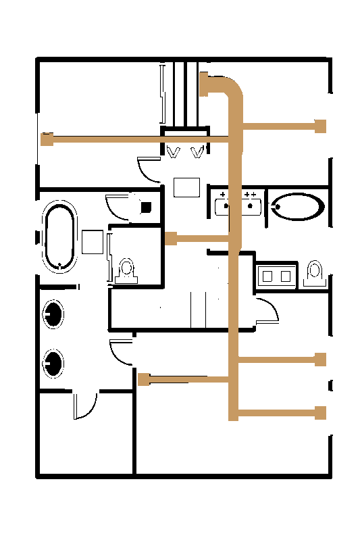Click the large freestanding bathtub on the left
[x=59, y=237]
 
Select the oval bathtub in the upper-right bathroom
[x=297, y=207]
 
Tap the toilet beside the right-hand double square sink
[x=313, y=274]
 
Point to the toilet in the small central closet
[x=126, y=270]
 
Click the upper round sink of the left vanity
[x=53, y=312]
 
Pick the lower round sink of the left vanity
[x=53, y=362]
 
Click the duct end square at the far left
[x=47, y=140]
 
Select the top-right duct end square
[x=321, y=126]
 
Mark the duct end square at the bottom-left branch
[x=143, y=379]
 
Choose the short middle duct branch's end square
[x=171, y=238]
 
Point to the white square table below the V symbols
[x=186, y=187]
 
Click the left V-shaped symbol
[x=174, y=153]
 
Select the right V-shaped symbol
[x=198, y=153]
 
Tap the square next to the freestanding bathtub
[x=92, y=241]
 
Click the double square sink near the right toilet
[x=276, y=276]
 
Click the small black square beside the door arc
[x=146, y=207]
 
